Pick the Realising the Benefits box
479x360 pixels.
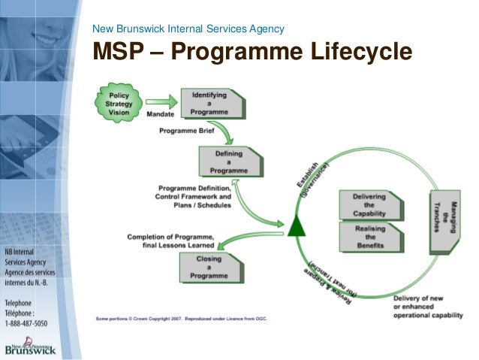click(369, 237)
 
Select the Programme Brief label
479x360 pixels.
click(185, 131)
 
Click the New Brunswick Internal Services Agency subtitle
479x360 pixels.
click(188, 29)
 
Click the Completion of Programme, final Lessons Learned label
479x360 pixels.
click(171, 241)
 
